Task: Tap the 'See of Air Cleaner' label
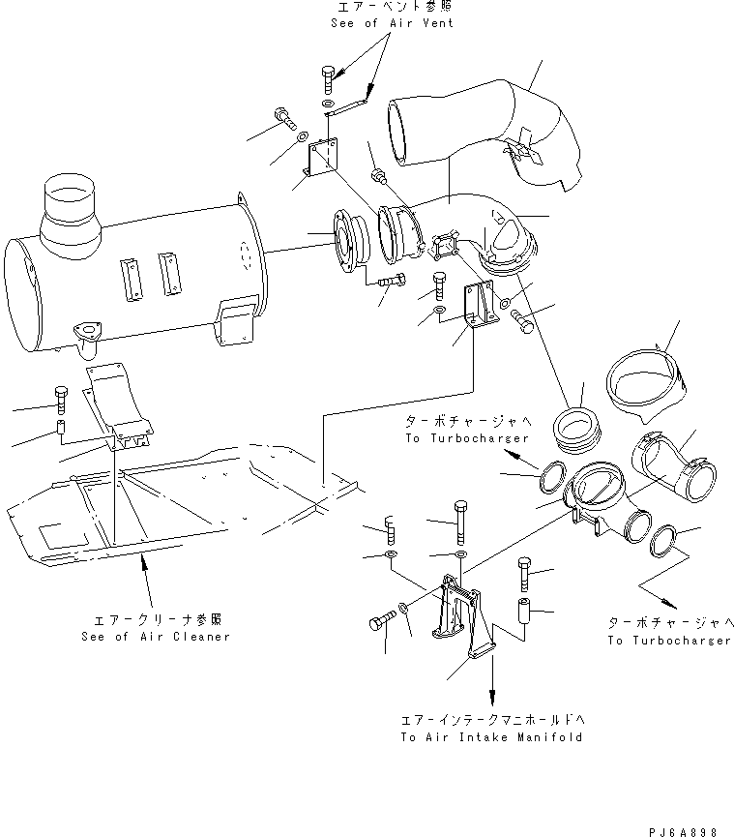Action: pos(156,637)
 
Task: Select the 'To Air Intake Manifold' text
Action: pos(492,737)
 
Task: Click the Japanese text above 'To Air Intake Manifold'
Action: pos(492,721)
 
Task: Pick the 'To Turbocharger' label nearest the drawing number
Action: pos(669,641)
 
